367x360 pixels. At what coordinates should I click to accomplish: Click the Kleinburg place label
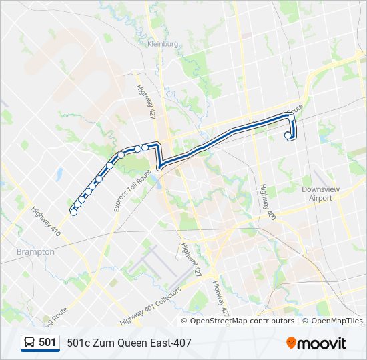coord(163,44)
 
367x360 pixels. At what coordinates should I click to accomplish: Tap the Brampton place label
coord(35,252)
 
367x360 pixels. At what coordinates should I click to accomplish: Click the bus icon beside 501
coord(30,343)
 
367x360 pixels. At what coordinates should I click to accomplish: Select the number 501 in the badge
coord(47,343)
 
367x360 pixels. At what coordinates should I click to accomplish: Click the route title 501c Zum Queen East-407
coord(129,343)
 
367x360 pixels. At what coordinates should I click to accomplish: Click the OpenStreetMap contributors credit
coord(242,321)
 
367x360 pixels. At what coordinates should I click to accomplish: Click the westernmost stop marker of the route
coord(73,212)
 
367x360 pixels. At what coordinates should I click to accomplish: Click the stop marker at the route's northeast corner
coord(291,117)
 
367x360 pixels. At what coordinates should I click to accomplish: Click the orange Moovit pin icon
coord(292,343)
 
